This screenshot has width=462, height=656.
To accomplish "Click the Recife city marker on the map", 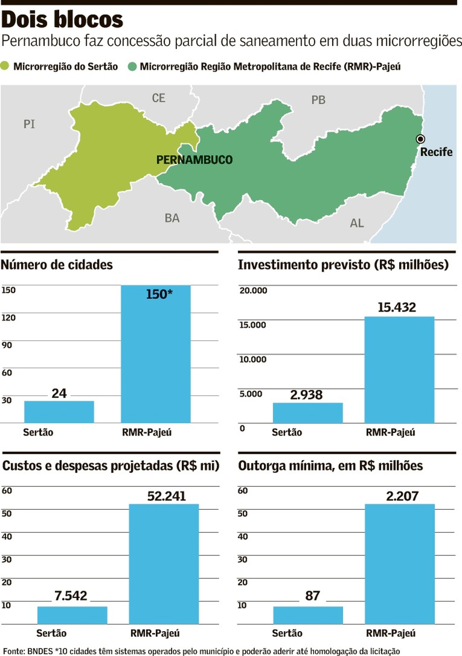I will [x=421, y=139].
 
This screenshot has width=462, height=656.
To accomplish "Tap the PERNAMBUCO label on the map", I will [x=194, y=160].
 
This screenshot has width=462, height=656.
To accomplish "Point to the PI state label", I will [x=29, y=124].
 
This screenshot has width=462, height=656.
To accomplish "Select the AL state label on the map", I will [x=357, y=223].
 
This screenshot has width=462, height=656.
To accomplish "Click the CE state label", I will [x=159, y=98].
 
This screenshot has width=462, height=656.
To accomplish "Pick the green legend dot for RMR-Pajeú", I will [x=132, y=66].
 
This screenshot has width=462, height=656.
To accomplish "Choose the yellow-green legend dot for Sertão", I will [x=5, y=66].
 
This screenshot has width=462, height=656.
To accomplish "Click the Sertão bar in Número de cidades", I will [x=59, y=412].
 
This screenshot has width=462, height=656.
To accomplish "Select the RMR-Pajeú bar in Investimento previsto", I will [x=399, y=370].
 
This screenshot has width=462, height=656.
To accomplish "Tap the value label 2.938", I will [x=306, y=395].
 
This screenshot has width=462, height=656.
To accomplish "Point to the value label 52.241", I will [x=167, y=496].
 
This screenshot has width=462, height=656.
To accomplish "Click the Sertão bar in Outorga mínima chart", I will [x=308, y=615].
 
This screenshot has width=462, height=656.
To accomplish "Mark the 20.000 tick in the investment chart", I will [x=253, y=290].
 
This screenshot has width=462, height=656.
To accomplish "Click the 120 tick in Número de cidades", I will [x=8, y=318].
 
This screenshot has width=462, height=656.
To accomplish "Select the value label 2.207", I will [x=402, y=496].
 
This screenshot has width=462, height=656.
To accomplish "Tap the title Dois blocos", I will [x=62, y=20].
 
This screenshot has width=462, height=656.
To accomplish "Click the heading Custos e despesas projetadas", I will [x=111, y=466].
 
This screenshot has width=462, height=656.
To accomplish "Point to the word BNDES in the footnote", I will [x=40, y=651].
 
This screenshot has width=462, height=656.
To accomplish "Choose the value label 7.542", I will [x=71, y=596].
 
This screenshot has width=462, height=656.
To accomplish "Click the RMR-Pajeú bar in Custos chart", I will [x=164, y=564].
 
